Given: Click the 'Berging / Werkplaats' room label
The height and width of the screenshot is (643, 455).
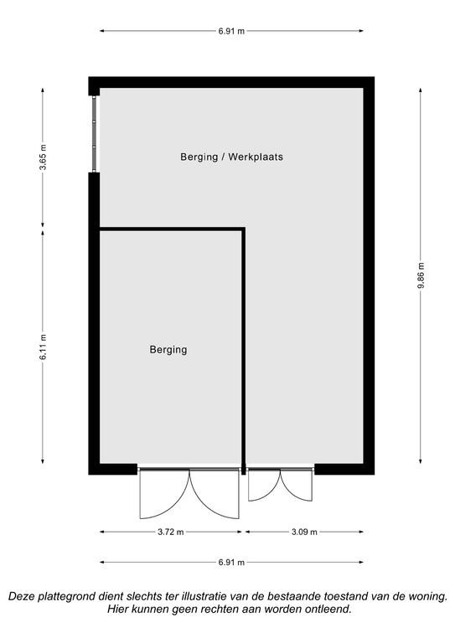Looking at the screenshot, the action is coord(232,157).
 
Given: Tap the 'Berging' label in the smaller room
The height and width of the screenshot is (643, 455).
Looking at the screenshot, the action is coord(168,350).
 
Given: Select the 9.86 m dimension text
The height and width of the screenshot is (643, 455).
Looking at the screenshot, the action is coord(421,275).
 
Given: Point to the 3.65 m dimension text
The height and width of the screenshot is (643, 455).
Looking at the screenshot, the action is coord(43,157).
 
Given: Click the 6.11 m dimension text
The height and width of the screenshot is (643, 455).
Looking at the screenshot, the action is coord(43,347).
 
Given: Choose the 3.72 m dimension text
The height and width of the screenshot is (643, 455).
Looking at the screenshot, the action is coord(171,532).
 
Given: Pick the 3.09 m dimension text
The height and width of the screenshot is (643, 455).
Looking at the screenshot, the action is coord(304,532).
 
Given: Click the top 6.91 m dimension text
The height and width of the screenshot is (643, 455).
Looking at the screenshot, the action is coord(231,31).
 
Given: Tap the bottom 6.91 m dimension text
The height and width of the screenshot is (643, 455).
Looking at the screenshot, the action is coord(231,563).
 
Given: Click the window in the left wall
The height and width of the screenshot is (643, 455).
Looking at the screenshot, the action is coord(95,134).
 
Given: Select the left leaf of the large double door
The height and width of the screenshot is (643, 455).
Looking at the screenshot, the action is coord(164,493).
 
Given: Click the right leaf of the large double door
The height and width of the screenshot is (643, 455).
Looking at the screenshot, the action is coord(215,493).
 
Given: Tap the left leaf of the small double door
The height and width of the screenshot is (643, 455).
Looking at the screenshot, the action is coord(264,485).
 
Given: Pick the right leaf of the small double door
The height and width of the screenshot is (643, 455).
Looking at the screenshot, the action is coord(297,485).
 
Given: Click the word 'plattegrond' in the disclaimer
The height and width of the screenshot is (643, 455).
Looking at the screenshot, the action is coord(66,596).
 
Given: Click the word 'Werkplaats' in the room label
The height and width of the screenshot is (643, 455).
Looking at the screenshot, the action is coord(256,157).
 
